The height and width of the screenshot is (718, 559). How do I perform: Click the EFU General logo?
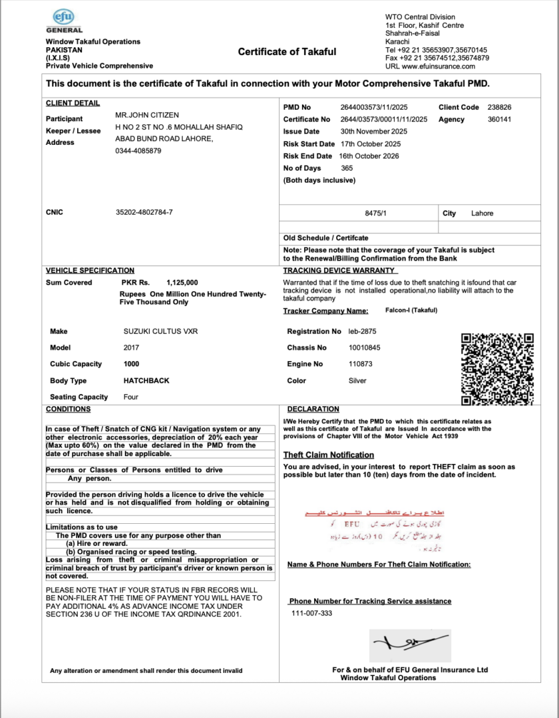point(65,21)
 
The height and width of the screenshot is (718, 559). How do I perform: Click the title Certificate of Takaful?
point(287,52)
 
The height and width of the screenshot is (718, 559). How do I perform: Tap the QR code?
point(498,369)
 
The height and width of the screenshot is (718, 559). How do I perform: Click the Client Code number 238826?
point(499,107)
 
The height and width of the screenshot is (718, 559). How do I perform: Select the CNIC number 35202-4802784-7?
point(144,213)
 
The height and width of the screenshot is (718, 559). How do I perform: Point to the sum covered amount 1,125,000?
point(182,283)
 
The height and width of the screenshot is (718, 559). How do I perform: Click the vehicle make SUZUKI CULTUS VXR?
point(160,331)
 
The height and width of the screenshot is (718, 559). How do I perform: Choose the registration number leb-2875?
point(363,331)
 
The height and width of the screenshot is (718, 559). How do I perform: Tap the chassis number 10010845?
point(365,348)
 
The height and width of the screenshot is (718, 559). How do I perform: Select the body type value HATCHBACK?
point(146,381)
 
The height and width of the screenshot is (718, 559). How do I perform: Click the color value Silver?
point(357,381)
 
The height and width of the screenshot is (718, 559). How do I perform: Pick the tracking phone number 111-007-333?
point(311,613)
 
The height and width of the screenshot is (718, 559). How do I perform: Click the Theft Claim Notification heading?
point(329,455)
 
